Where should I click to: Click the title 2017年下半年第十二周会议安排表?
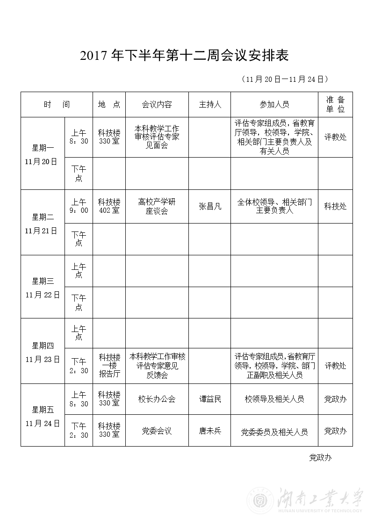point(185,56)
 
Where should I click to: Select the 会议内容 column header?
point(157,104)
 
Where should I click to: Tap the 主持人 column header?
point(209,104)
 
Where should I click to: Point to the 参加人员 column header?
point(274,104)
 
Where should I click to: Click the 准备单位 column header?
point(335,104)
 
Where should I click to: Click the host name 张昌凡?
point(210,206)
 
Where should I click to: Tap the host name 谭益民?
point(210,399)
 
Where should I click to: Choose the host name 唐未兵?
point(210,431)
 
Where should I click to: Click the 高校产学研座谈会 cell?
point(157,206)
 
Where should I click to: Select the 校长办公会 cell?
point(157,399)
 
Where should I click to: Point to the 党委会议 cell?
point(157,431)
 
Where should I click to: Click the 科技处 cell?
point(335,206)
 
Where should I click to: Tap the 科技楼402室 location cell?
point(109,206)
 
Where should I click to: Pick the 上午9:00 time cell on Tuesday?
point(79,206)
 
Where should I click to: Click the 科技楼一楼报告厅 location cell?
point(109,365)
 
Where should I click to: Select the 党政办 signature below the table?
point(320,457)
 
